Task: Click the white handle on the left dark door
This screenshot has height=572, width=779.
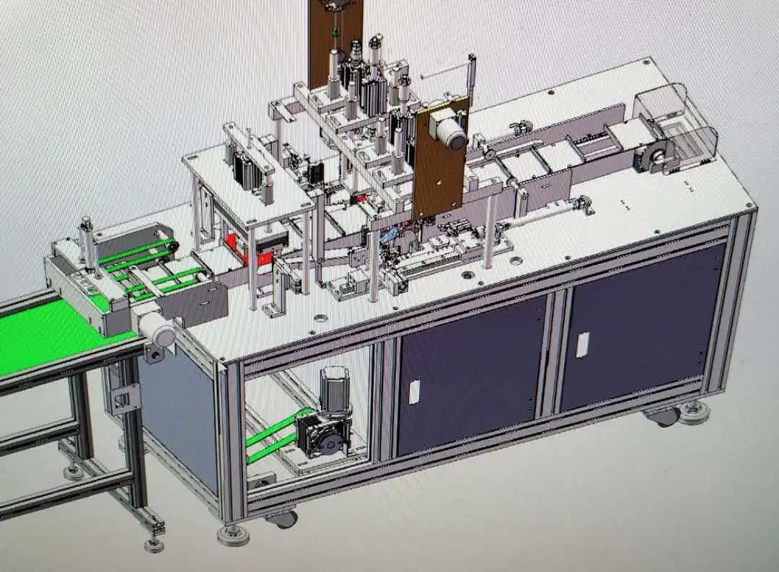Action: tap(415, 391)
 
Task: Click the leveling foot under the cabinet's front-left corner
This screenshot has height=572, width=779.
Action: tap(233, 534)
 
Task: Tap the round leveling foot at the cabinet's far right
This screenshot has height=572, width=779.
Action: tap(694, 413)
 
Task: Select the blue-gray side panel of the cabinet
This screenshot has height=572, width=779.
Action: tap(180, 418)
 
